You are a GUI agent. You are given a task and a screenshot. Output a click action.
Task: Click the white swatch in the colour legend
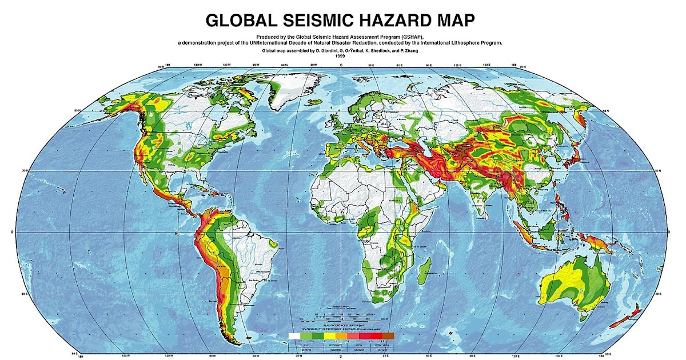click(x=294, y=336)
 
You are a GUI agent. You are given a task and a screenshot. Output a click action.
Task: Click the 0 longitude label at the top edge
click(x=341, y=66)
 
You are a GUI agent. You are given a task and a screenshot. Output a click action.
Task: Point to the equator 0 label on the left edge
click(x=13, y=232)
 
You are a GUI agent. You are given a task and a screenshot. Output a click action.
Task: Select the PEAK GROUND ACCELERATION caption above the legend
click(x=342, y=323)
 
